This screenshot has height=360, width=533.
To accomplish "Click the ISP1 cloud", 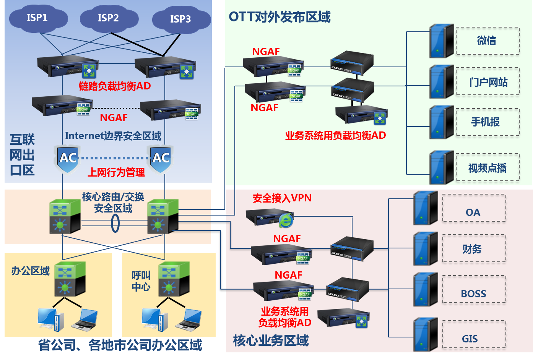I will (x=38, y=18).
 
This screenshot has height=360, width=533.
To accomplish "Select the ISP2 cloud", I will (x=109, y=18).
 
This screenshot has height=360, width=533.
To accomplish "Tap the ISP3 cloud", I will (x=181, y=19).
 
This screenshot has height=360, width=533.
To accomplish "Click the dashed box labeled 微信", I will (x=487, y=41).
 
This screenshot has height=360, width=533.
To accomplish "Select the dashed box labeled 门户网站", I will (x=487, y=82).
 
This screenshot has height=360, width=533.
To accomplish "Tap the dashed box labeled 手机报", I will (x=487, y=122).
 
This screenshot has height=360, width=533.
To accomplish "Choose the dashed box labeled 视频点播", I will (x=487, y=167).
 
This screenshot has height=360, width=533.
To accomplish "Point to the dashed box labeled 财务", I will (x=474, y=249).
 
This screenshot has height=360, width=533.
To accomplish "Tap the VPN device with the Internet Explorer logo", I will (x=270, y=218).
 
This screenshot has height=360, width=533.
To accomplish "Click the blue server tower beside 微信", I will (x=441, y=41).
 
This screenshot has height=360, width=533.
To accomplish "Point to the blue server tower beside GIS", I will (x=425, y=335).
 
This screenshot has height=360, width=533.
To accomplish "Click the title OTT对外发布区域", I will (x=279, y=17).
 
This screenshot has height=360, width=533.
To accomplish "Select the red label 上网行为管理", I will (x=116, y=172).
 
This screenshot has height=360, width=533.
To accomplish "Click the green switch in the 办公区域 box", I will (x=70, y=279).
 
